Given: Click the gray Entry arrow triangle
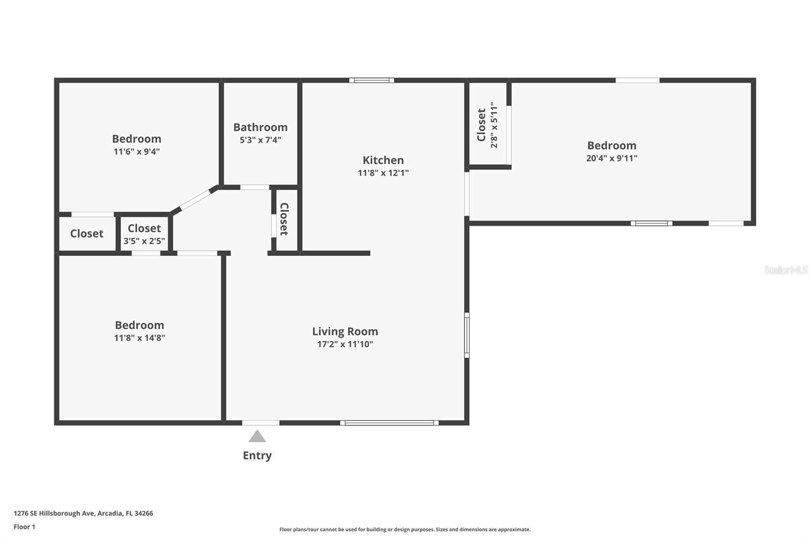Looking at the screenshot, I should tap(257, 437).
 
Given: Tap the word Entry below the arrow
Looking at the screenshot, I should tap(257, 455).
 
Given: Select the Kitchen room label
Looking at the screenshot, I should tap(383, 160).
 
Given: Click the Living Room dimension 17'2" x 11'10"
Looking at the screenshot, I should tap(345, 344).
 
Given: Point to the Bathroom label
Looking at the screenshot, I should tap(260, 127).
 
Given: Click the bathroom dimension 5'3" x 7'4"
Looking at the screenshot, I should tap(260, 140).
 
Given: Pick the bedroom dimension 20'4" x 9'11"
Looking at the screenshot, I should tap(612, 158).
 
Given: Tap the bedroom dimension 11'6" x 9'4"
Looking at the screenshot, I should tap(137, 151).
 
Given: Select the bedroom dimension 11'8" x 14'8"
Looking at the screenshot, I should tap(139, 338).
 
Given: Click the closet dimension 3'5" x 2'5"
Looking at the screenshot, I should tap(144, 241).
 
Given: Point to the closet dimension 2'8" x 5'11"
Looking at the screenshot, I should tap(494, 125).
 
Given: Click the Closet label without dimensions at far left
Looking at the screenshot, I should tap(87, 234).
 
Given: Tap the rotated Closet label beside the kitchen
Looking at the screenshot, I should tap(284, 219).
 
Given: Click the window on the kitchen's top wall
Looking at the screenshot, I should tap(371, 80).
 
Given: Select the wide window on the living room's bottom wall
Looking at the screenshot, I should tap(389, 422).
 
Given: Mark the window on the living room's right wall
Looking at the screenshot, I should tap(467, 335).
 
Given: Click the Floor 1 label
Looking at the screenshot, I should tap(24, 527).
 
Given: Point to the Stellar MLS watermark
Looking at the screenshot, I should tap(786, 270).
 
